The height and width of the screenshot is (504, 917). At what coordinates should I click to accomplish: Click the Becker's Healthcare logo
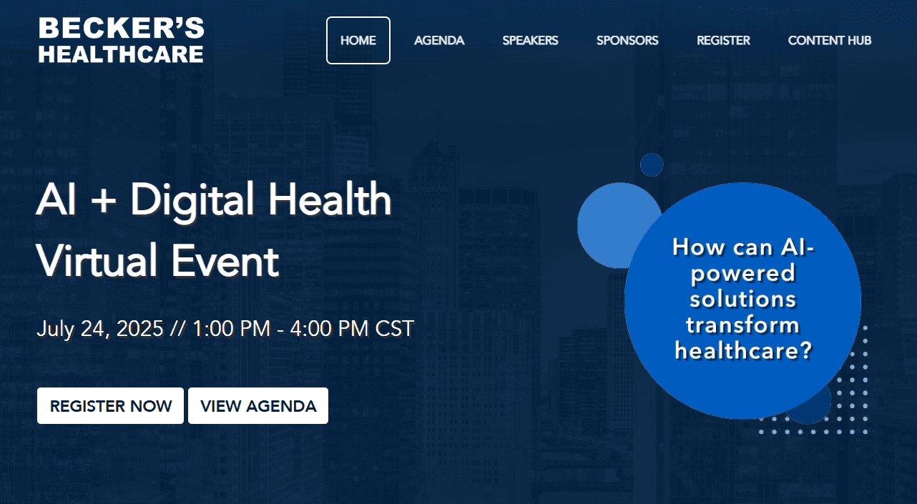click(121, 40)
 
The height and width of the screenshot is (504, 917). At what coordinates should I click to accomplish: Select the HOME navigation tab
click(358, 41)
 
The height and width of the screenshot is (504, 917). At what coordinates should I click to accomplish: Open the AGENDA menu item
click(439, 41)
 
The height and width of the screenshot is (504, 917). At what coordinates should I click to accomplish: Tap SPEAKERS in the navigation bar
click(530, 41)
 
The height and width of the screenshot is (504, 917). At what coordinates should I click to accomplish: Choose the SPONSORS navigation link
click(627, 41)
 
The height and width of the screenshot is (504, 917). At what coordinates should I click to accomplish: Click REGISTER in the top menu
click(723, 41)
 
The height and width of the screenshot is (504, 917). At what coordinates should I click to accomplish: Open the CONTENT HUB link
click(830, 41)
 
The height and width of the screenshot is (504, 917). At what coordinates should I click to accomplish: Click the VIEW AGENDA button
click(258, 406)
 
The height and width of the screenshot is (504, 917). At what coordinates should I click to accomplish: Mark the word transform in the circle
click(742, 325)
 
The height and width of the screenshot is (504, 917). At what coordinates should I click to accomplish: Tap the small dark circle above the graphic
click(652, 164)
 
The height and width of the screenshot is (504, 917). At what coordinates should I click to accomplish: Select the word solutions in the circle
click(742, 298)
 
